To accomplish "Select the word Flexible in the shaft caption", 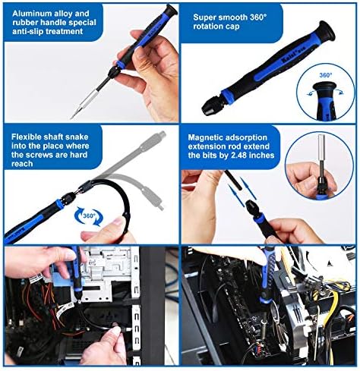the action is pos(27,137).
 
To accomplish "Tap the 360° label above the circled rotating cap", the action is pos(325,75).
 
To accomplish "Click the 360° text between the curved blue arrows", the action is pos(89,215).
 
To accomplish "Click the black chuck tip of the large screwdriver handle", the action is pos(212,108).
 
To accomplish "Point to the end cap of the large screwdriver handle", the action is pos(326,33).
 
